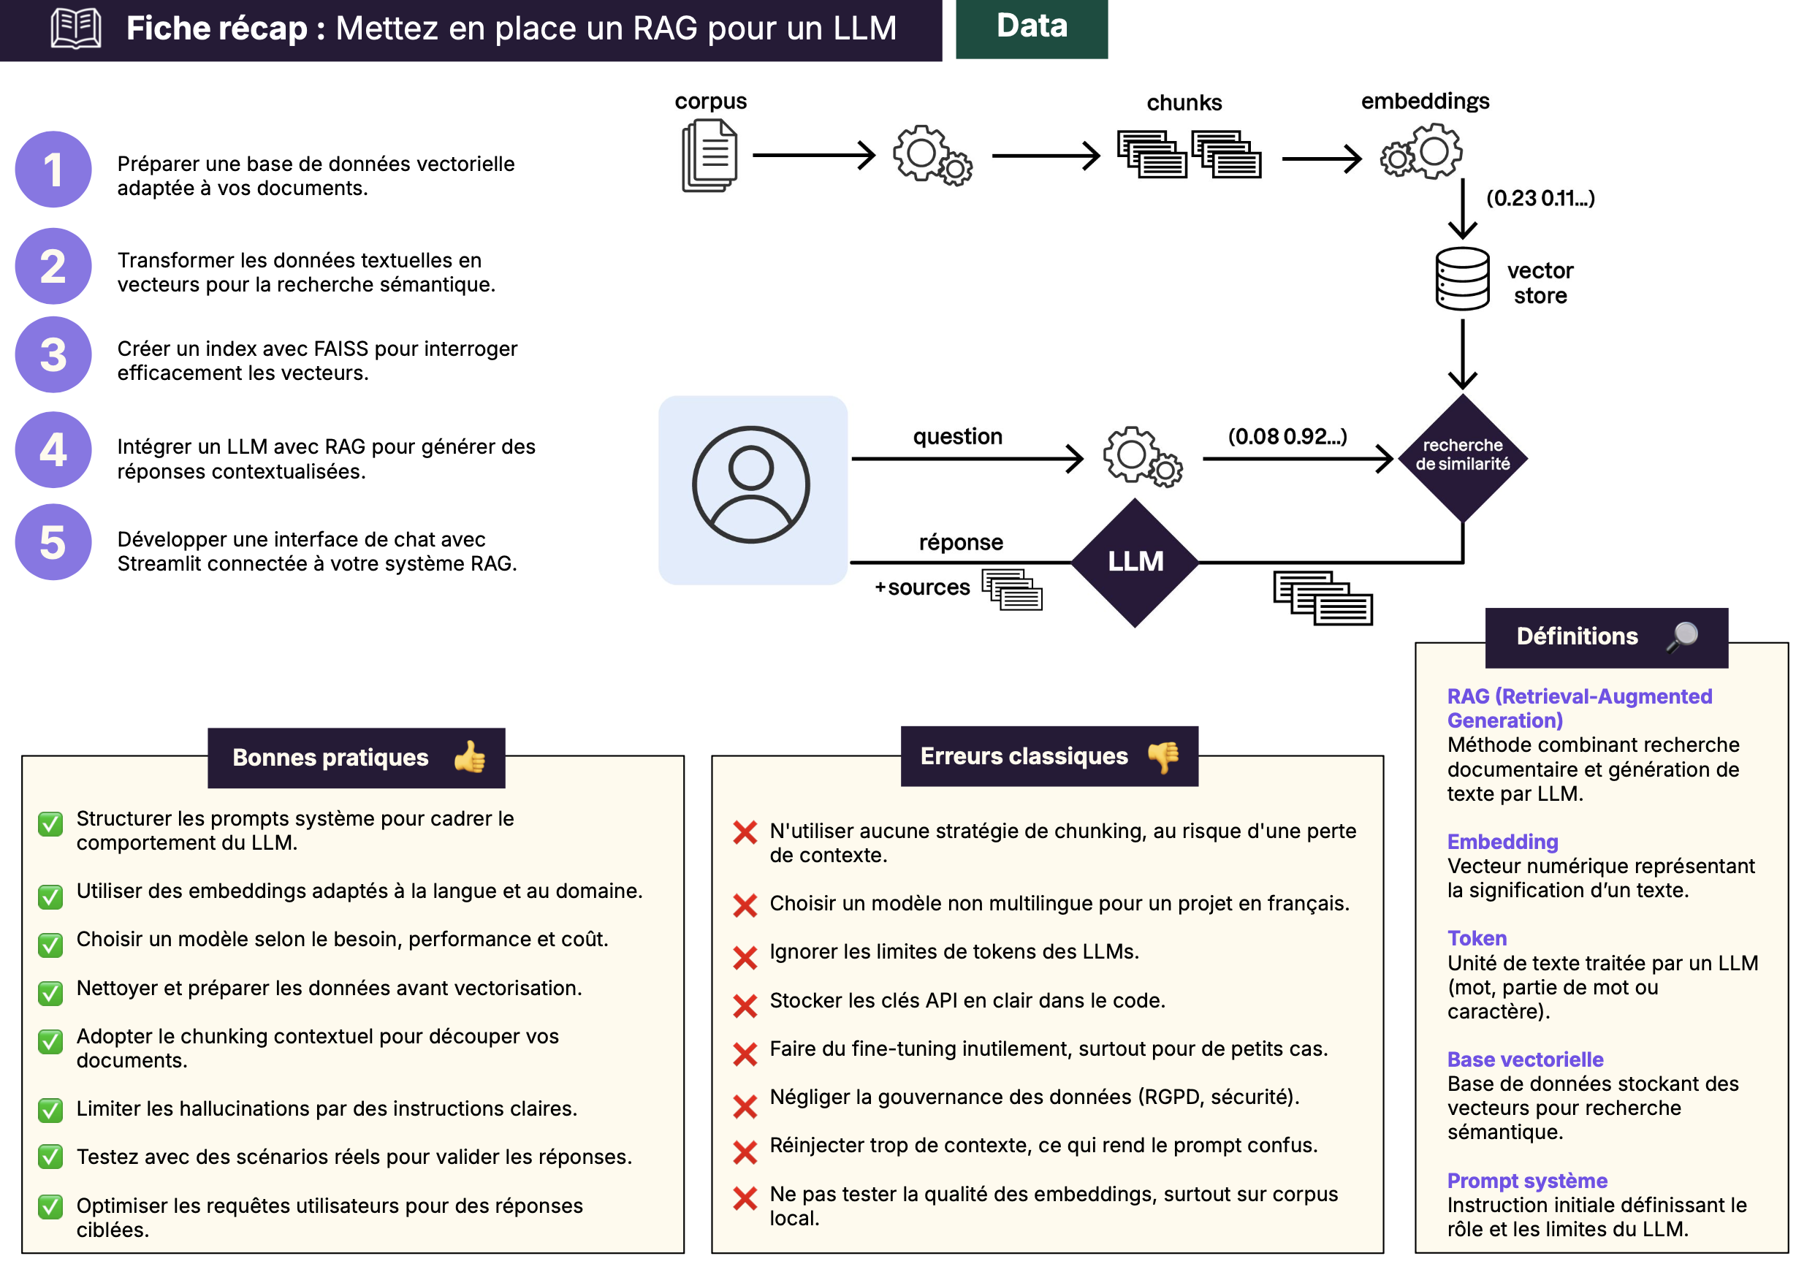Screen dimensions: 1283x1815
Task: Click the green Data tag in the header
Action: click(x=1031, y=28)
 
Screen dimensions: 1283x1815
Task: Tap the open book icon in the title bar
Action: click(x=76, y=28)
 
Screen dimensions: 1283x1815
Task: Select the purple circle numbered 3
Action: click(x=53, y=355)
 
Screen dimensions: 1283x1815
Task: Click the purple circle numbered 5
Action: click(x=53, y=542)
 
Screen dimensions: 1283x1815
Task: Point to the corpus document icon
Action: click(x=709, y=156)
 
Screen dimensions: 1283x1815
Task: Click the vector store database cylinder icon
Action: click(x=1461, y=278)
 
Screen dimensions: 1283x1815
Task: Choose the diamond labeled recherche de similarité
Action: click(x=1461, y=457)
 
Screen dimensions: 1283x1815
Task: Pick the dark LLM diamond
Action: click(x=1135, y=562)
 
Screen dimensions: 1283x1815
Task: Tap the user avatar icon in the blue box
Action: click(x=751, y=484)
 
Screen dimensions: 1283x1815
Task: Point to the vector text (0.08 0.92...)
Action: click(x=1287, y=436)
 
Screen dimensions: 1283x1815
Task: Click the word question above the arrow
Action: click(x=957, y=436)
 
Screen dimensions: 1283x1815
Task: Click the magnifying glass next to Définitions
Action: click(x=1682, y=636)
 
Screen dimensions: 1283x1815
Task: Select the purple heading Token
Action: click(x=1477, y=938)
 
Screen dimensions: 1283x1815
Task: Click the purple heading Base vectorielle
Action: click(x=1525, y=1059)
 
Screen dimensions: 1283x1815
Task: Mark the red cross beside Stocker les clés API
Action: click(x=745, y=1005)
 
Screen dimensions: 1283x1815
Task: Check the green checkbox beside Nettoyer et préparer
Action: click(x=50, y=993)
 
